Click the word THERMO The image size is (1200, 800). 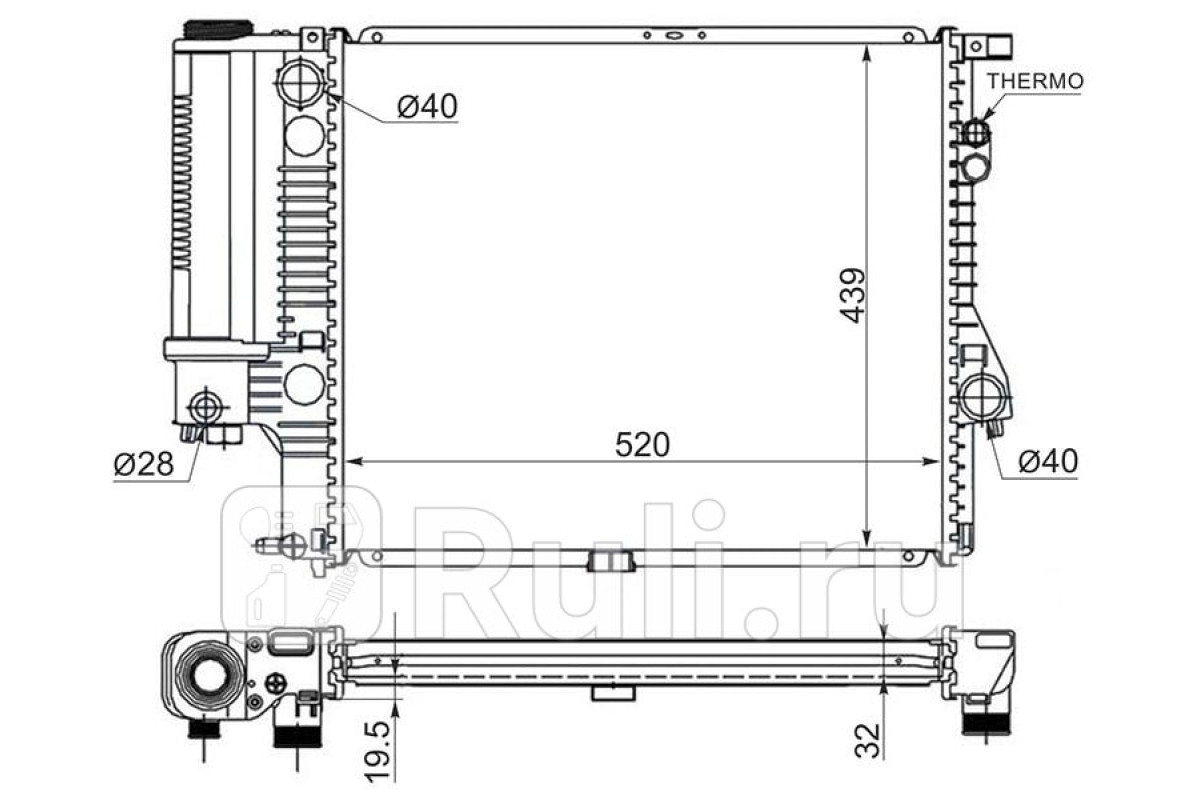[1035, 81]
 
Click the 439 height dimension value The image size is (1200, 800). [853, 296]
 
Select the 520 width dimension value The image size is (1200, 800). [642, 445]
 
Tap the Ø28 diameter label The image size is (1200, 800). [144, 463]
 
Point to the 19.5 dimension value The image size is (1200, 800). [378, 750]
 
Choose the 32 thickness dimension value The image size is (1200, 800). [868, 741]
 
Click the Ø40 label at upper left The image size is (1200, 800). [428, 106]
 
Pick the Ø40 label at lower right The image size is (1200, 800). [1048, 460]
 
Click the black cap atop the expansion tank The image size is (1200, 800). [218, 29]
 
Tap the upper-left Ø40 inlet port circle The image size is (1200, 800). [300, 83]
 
